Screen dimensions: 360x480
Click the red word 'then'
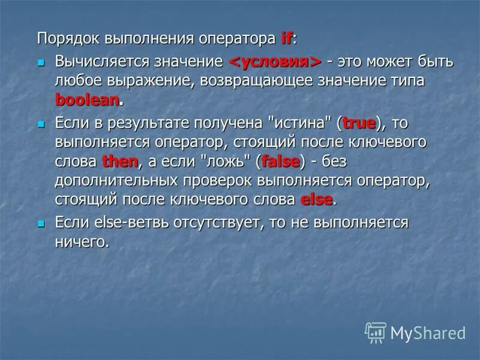(x=120, y=162)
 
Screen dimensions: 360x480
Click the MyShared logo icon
(x=375, y=332)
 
